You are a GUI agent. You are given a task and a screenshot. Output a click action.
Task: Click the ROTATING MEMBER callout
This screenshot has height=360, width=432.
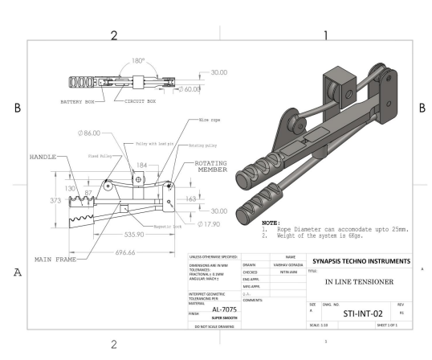point(210,166)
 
